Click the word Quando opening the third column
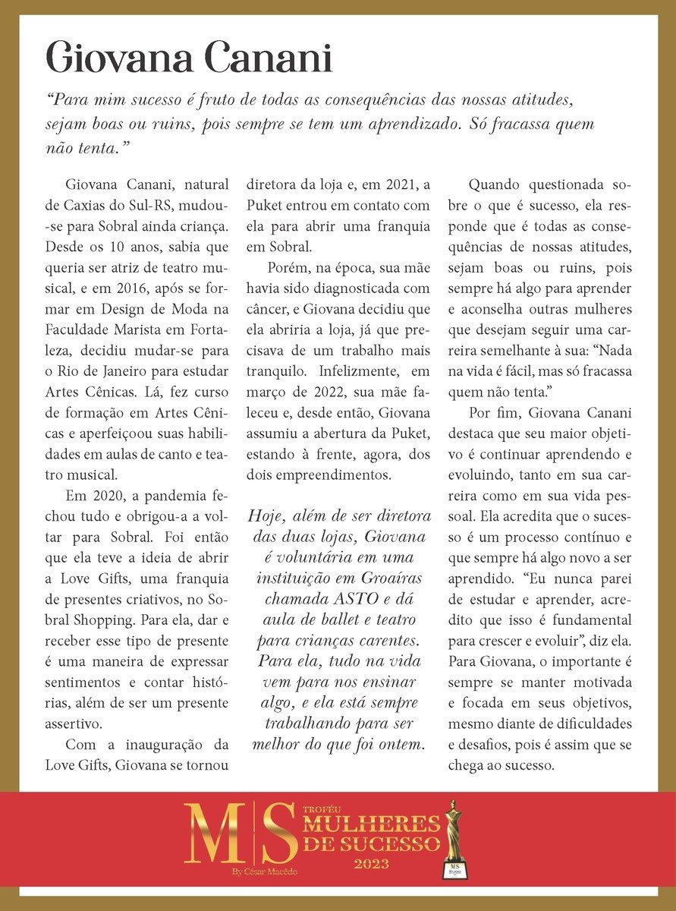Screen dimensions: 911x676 pos(500,184)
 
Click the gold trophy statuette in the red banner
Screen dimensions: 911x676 pos(454,840)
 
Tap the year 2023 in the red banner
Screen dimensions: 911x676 pos(372,864)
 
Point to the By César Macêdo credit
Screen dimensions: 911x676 pos(265,872)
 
